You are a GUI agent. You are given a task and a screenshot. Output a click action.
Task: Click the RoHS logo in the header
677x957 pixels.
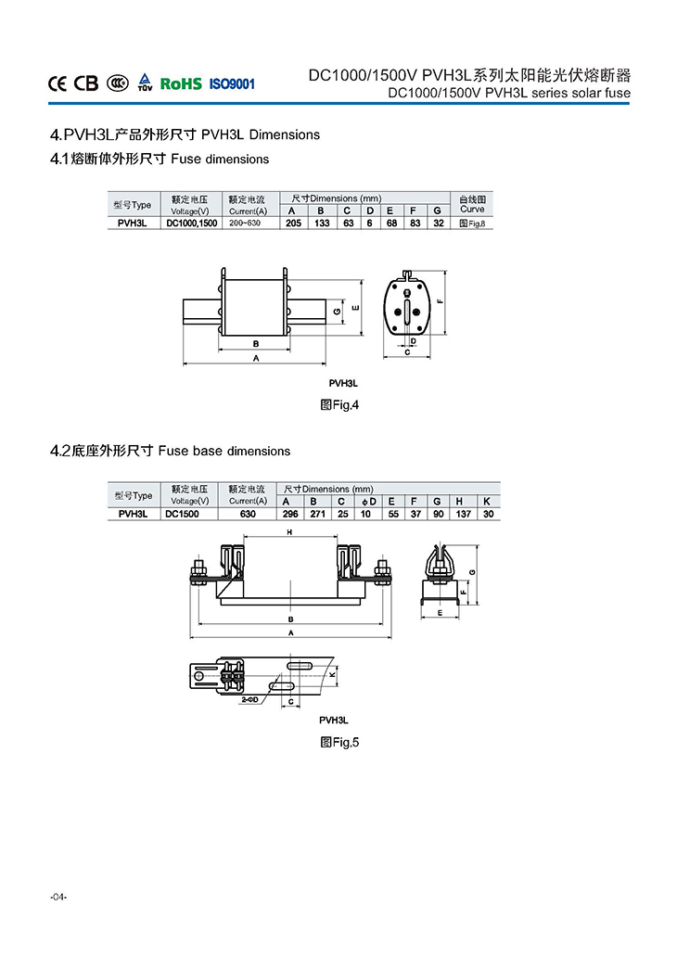(181, 83)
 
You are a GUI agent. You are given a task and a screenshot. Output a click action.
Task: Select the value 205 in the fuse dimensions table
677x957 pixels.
(293, 223)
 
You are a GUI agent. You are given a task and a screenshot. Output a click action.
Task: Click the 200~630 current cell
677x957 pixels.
(247, 223)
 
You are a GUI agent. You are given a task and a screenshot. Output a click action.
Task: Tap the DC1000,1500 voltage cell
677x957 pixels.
(191, 223)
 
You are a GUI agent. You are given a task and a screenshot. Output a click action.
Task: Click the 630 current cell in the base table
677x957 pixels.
(247, 514)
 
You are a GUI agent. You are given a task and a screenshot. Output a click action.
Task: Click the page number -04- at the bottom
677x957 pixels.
(59, 897)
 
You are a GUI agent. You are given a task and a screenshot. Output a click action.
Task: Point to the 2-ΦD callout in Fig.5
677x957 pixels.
(249, 701)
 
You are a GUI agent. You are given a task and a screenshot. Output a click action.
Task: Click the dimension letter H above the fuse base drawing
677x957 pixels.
(289, 532)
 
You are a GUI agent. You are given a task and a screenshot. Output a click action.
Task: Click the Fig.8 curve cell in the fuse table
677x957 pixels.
(472, 223)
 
